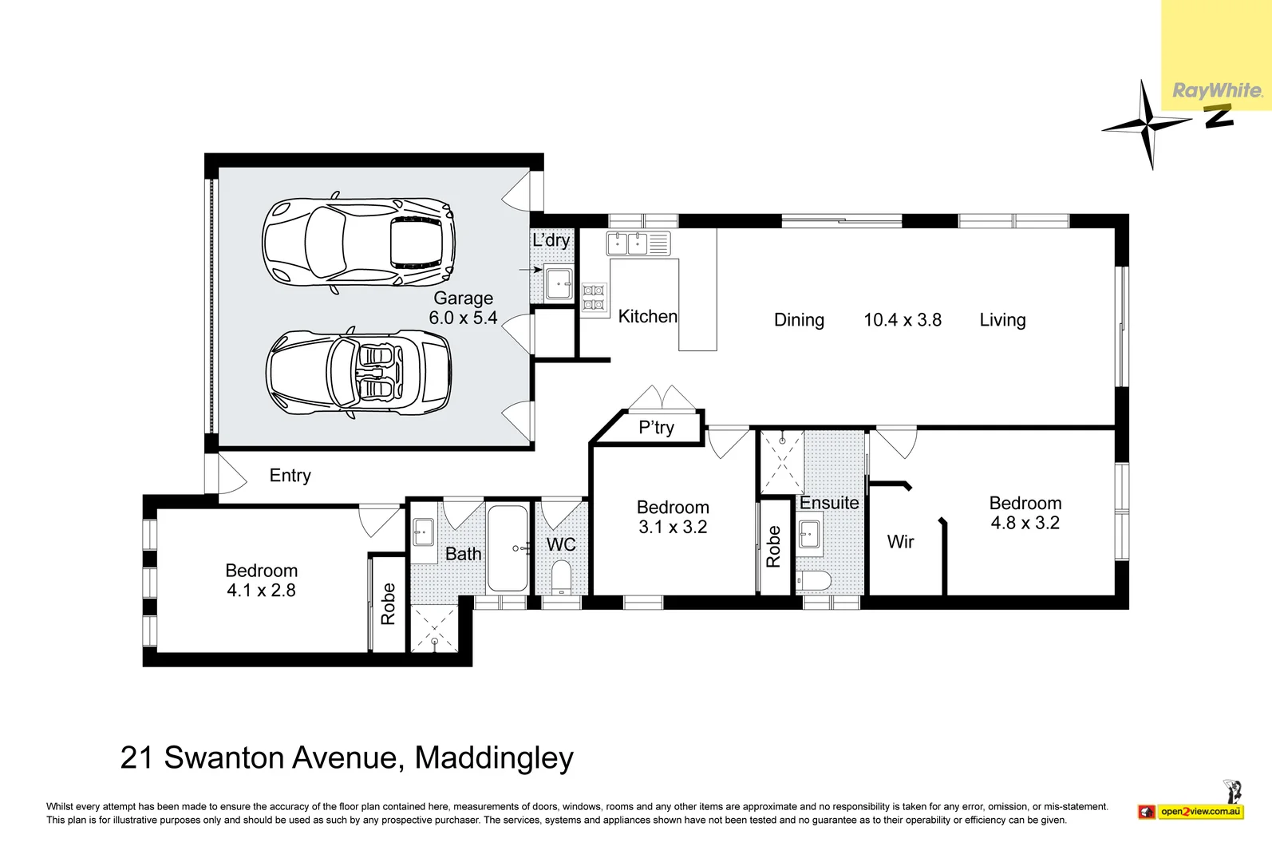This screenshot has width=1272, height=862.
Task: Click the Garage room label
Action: [464, 298]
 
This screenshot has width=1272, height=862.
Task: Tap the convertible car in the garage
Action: [359, 373]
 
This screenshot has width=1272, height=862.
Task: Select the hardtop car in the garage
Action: [359, 243]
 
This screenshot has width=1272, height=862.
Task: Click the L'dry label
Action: [551, 240]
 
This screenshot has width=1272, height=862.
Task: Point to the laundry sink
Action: [559, 282]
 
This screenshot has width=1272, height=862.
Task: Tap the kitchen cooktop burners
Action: [594, 298]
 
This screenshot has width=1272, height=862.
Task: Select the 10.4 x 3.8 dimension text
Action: [903, 320]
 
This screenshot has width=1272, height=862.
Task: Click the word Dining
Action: [799, 320]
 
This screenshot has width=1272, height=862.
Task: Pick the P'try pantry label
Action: [657, 427]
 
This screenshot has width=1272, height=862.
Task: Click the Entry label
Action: [290, 475]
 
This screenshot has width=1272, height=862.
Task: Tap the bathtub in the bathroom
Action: [508, 548]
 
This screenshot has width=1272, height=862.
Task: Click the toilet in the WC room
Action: [561, 576]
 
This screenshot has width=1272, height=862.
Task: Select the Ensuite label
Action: [828, 503]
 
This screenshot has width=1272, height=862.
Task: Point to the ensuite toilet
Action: [813, 581]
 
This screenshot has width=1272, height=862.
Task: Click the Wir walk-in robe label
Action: [900, 541]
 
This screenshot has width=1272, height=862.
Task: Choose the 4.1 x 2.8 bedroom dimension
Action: [261, 590]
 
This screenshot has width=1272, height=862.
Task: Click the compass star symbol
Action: [1147, 125]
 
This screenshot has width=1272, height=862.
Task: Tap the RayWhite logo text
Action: [1218, 91]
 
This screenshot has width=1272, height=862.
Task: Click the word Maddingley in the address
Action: [494, 758]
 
